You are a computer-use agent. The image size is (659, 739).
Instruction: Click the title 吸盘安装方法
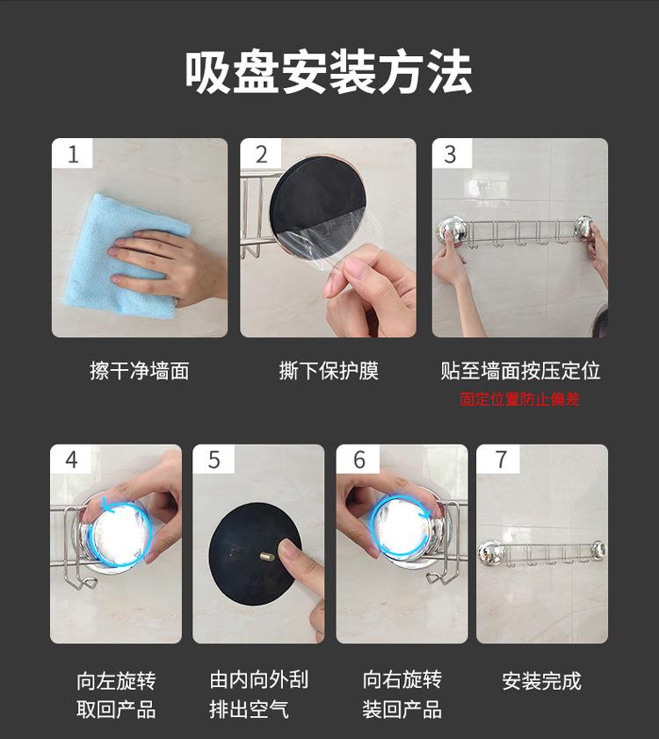pyautogui.click(x=328, y=73)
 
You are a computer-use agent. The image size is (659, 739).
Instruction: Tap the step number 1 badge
pyautogui.click(x=72, y=153)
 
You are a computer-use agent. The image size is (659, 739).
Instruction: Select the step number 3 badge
pyautogui.click(x=452, y=153)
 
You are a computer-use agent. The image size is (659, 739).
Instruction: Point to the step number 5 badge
pyautogui.click(x=214, y=459)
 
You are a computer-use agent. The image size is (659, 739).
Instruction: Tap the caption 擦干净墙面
pyautogui.click(x=140, y=371)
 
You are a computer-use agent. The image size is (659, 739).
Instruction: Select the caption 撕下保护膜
pyautogui.click(x=329, y=371)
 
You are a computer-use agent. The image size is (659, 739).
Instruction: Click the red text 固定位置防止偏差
pyautogui.click(x=519, y=400)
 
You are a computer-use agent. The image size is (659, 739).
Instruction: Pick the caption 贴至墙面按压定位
pyautogui.click(x=520, y=371)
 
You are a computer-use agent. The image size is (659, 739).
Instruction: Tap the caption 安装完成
pyautogui.click(x=541, y=681)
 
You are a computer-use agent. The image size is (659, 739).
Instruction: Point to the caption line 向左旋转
pyautogui.click(x=116, y=681)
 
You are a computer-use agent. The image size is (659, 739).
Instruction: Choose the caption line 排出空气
pyautogui.click(x=249, y=710)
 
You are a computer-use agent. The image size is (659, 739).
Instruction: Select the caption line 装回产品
pyautogui.click(x=402, y=710)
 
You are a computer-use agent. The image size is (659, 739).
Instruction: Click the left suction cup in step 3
pyautogui.click(x=452, y=229)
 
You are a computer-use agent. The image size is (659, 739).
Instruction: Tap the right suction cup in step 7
pyautogui.click(x=598, y=549)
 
